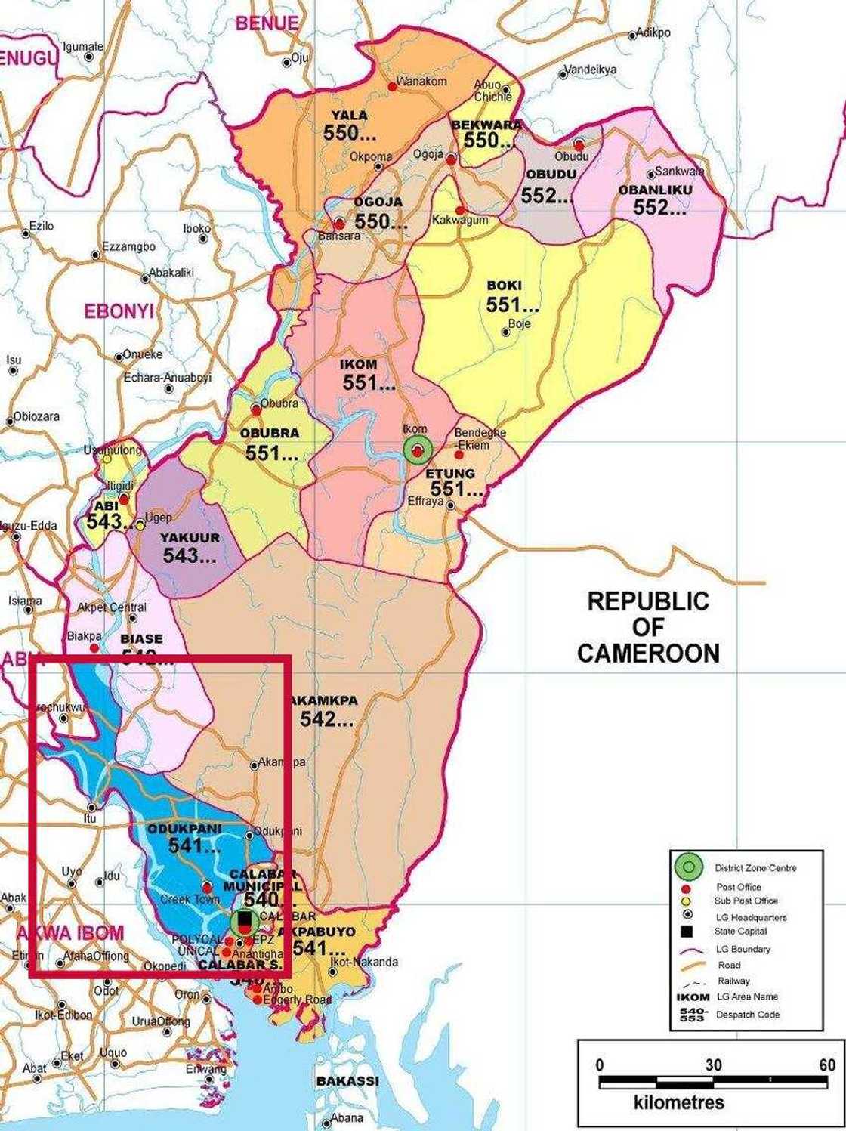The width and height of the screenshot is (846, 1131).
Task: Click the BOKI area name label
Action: pos(504,286)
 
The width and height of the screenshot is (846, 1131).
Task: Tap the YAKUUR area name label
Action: pos(190,537)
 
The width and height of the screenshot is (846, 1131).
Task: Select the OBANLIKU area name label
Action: pos(655,190)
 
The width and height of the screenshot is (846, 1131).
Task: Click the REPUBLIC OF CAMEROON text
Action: pos(648,627)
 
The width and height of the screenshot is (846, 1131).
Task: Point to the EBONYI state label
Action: pos(119,311)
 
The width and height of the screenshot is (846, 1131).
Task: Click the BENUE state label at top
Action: pos(267,23)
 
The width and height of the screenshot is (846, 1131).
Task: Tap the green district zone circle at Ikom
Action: pos(417,450)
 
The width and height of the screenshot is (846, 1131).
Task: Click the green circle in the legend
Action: pos(688,867)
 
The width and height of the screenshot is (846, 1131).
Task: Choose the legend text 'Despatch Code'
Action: pos(748,1015)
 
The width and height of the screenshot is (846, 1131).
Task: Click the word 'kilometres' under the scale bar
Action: pos(679,1102)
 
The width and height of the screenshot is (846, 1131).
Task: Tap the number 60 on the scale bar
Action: pos(827,1065)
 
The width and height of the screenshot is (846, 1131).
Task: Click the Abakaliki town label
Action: pos(171,273)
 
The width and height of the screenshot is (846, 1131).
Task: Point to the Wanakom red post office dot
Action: pos(392,87)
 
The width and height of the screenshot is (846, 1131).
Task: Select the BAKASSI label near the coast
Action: pos(347,1081)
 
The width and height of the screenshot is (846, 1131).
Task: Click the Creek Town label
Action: pos(190,899)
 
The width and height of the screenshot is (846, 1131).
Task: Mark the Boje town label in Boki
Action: pos(520,323)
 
